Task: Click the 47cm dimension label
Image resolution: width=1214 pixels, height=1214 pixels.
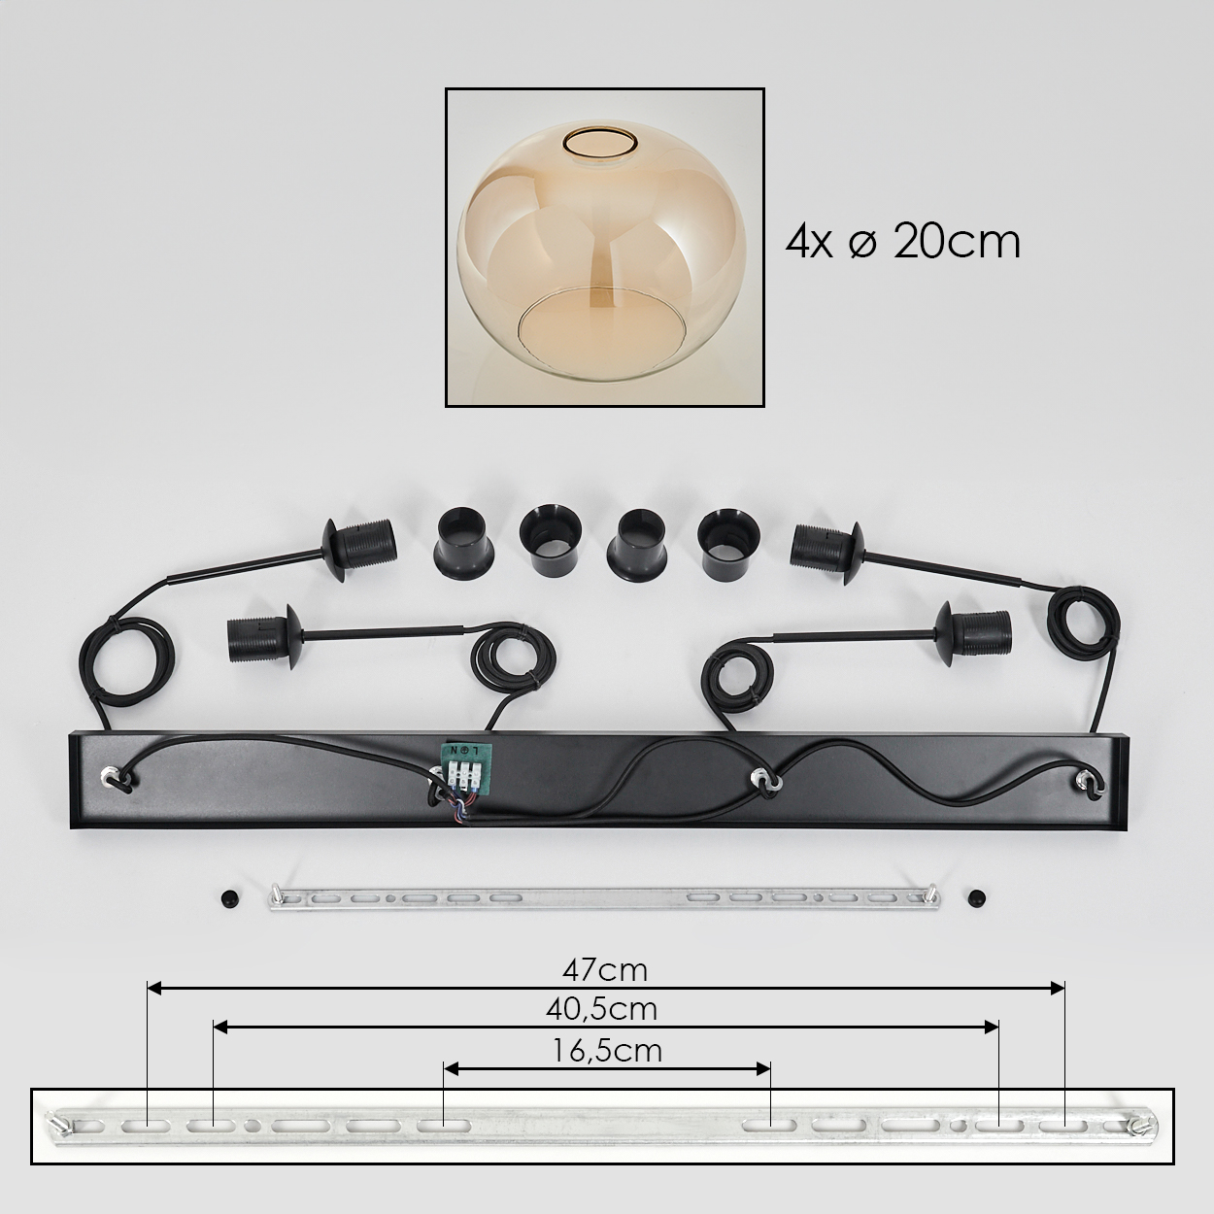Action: coord(605,971)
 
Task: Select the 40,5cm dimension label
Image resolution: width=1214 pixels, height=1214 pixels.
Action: coord(601,1009)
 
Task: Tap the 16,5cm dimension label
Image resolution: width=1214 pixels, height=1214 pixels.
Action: coord(607,1051)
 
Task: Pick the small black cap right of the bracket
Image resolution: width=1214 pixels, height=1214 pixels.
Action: coord(977,896)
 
